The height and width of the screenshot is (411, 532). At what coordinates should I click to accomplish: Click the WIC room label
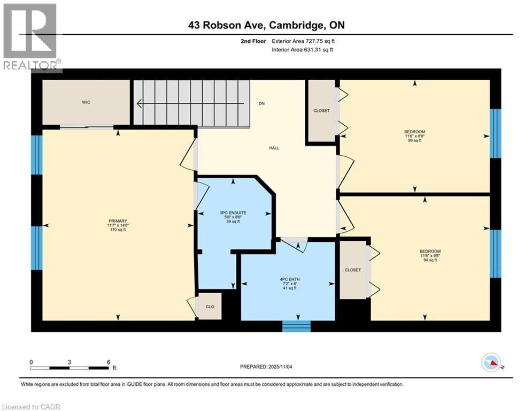click(x=86, y=102)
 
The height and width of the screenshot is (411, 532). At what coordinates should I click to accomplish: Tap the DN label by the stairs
click(x=261, y=104)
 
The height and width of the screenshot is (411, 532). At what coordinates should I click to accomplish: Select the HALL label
click(x=274, y=148)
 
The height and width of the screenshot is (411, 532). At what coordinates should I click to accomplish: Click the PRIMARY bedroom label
click(x=118, y=220)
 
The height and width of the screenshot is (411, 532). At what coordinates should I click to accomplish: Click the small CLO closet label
click(x=210, y=307)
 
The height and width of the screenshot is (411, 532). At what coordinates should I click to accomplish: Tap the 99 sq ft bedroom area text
click(x=414, y=141)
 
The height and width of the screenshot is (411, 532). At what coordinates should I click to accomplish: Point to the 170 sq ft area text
click(x=118, y=230)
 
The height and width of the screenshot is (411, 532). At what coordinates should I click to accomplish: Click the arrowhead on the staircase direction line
click(x=140, y=104)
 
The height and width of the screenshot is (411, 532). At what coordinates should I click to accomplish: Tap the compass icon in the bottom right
click(x=490, y=363)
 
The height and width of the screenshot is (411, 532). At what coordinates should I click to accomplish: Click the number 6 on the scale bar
click(x=108, y=362)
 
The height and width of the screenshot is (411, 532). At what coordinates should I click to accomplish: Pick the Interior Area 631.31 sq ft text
click(x=303, y=50)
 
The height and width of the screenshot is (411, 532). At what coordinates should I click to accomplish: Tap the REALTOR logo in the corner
click(x=31, y=37)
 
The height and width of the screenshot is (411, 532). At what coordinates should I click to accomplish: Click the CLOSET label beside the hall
click(x=321, y=111)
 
